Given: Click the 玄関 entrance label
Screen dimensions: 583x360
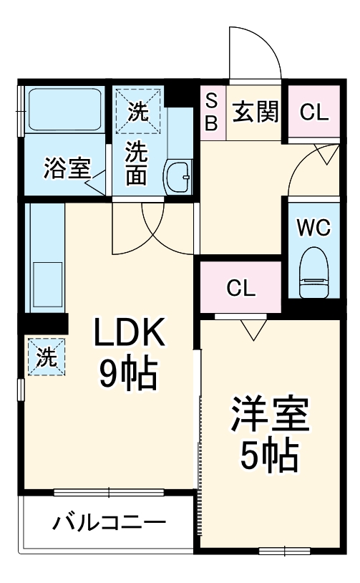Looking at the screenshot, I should (x=256, y=112).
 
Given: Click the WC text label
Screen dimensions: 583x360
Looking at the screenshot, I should (x=313, y=228).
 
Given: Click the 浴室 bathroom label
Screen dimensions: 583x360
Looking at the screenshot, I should (x=66, y=169).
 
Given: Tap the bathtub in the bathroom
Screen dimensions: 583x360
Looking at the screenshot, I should (x=64, y=110).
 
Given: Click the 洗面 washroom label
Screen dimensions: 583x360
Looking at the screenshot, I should (x=137, y=164).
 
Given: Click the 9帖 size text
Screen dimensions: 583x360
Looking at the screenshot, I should (x=129, y=372).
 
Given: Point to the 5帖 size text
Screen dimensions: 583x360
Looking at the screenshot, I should (x=269, y=456).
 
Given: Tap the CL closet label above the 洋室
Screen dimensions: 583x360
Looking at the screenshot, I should (x=240, y=288).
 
